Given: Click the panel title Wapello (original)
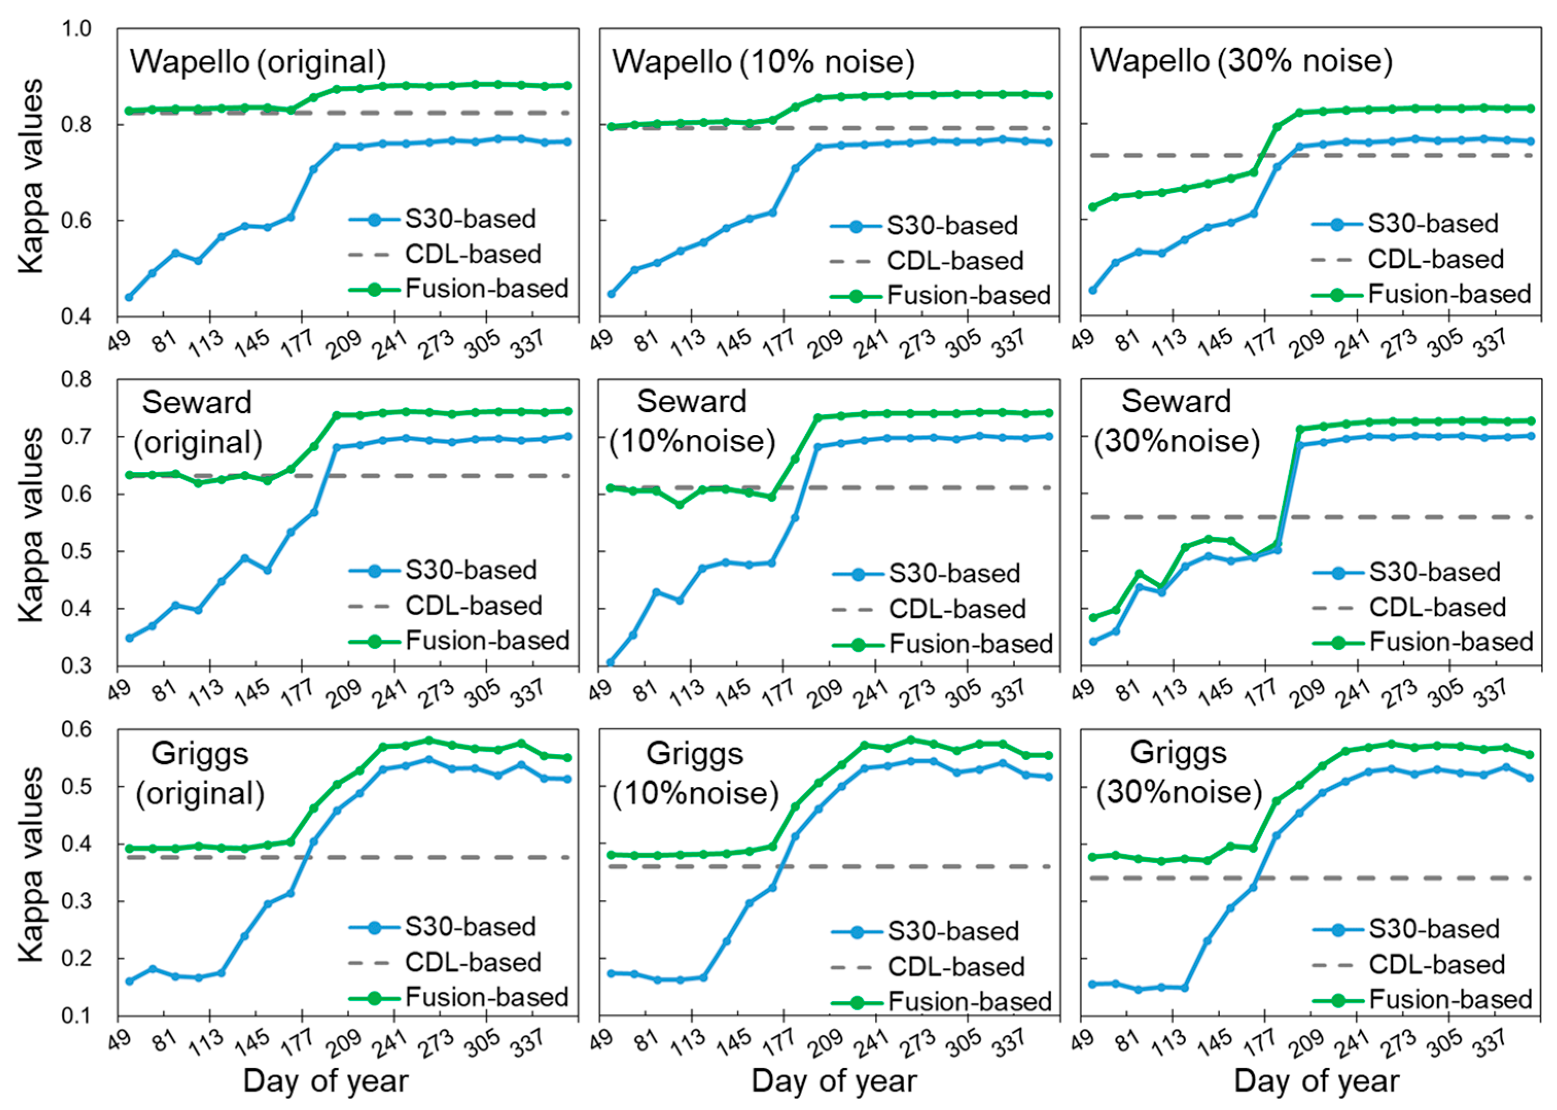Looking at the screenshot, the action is tap(258, 62).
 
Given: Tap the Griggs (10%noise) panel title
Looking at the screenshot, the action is tap(695, 773).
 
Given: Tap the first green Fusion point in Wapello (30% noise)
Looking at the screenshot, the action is tap(1092, 207).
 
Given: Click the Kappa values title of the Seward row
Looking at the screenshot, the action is tap(31, 525).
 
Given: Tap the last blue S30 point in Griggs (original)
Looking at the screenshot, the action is tap(568, 779).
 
